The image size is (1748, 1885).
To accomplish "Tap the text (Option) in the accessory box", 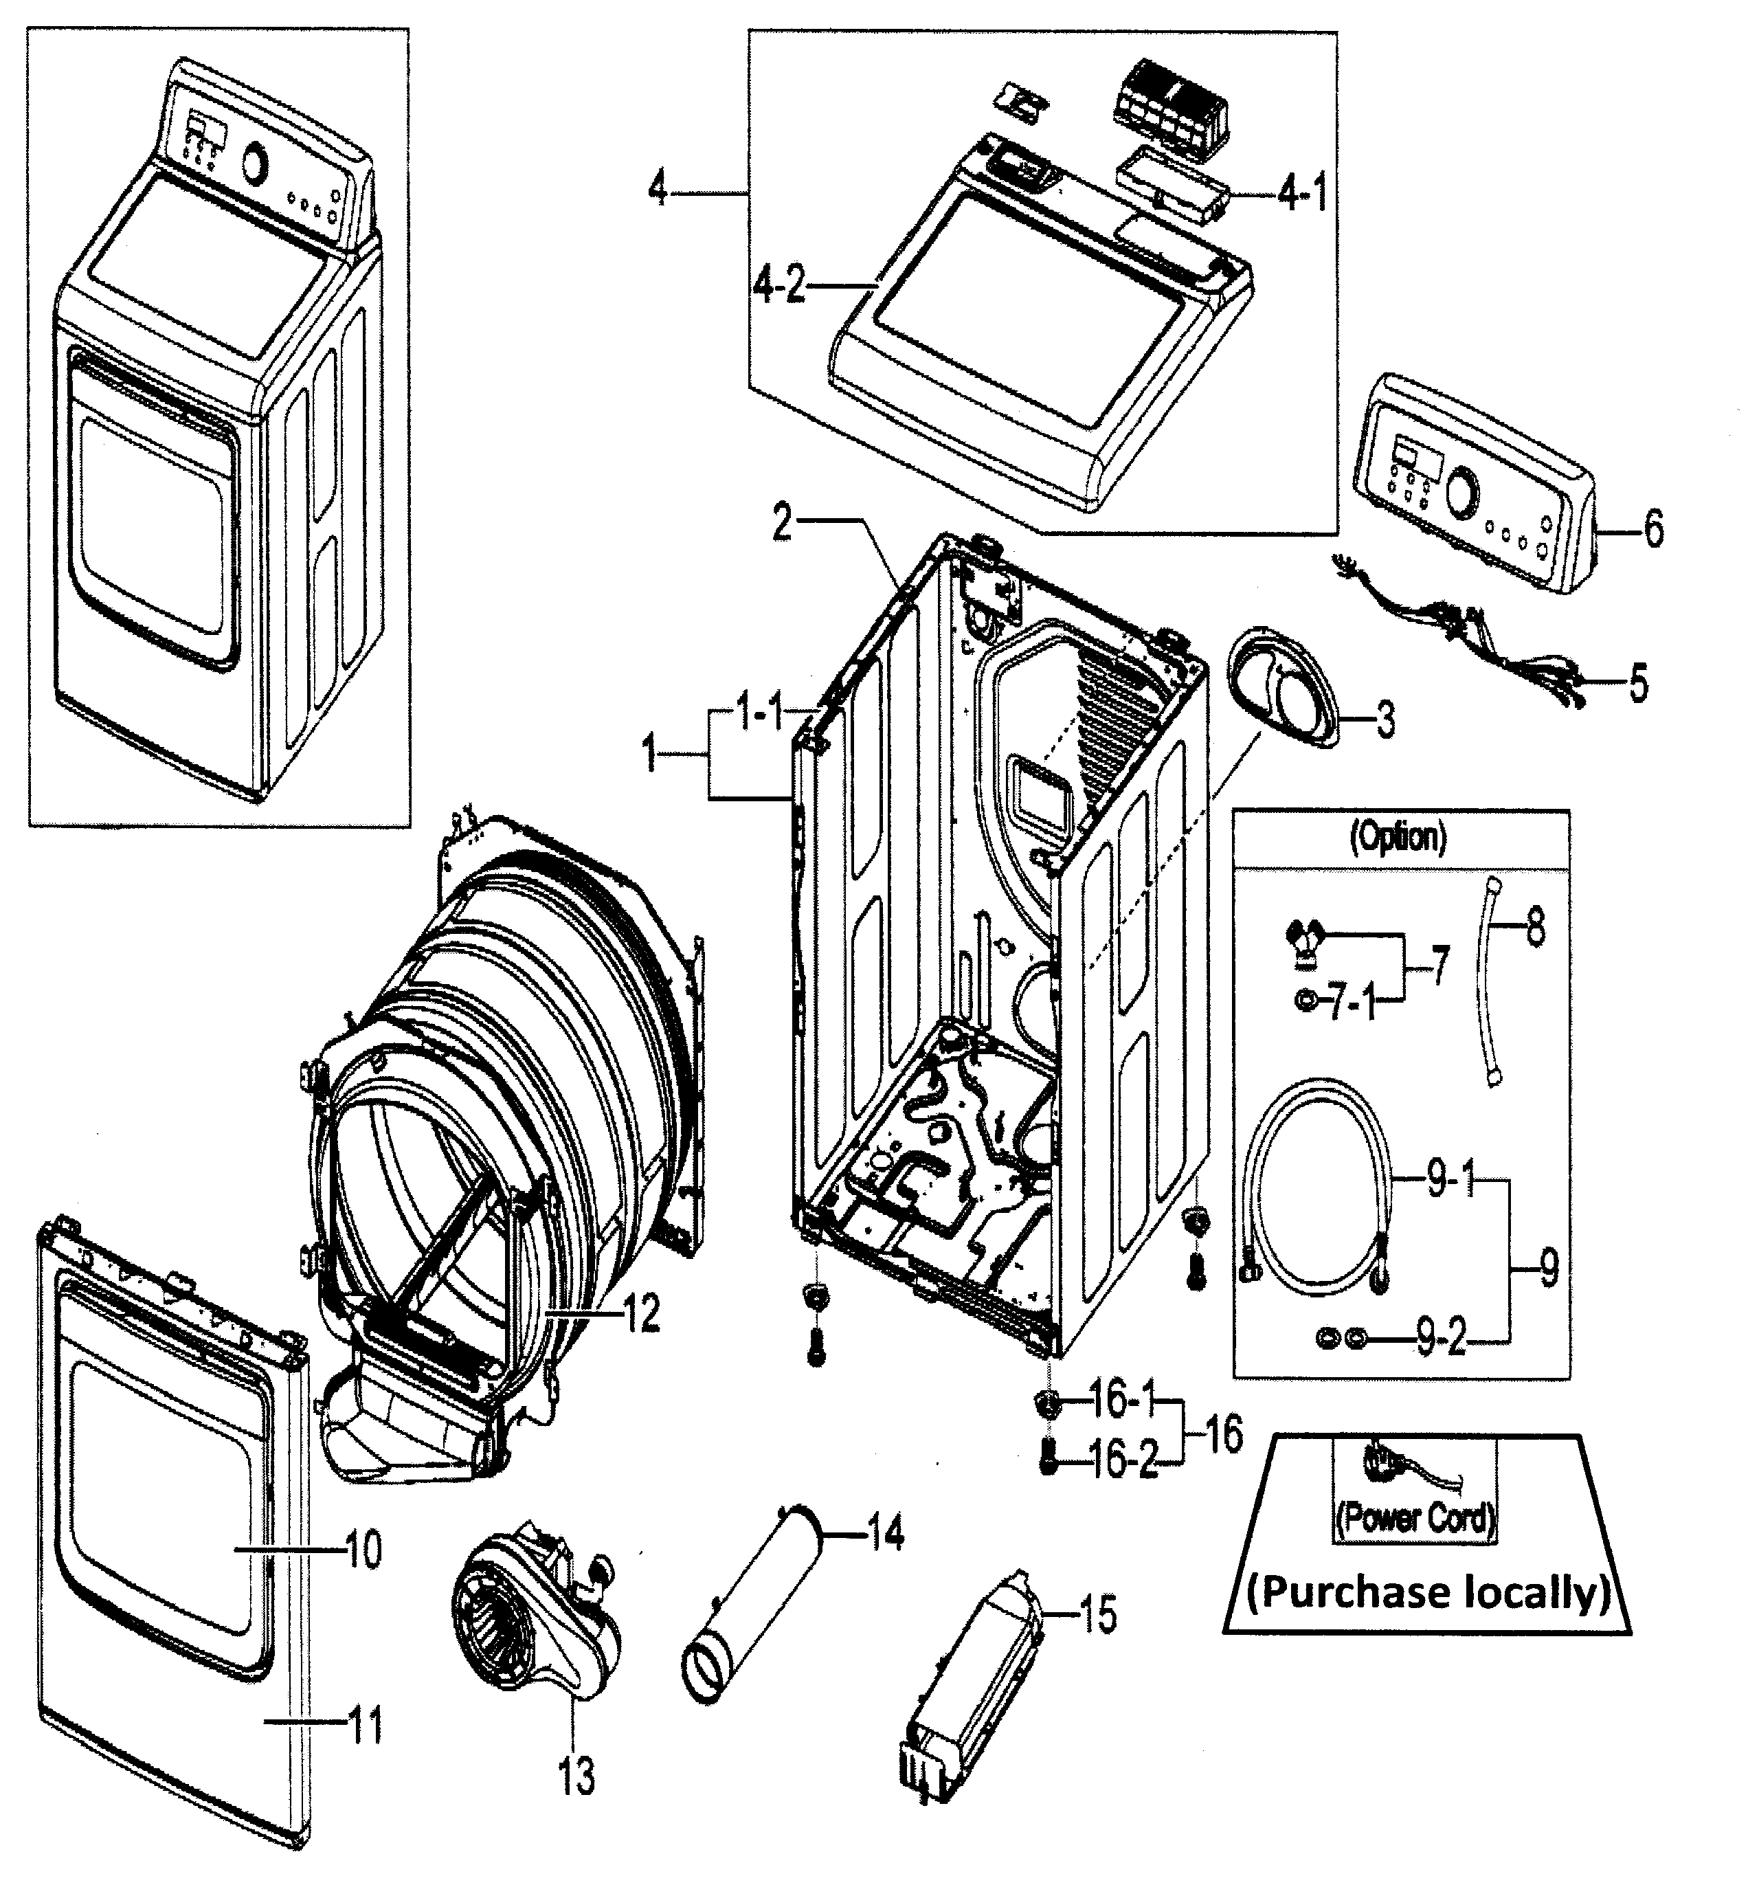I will (x=1398, y=836).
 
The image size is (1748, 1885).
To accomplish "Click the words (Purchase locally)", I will (x=1427, y=1592).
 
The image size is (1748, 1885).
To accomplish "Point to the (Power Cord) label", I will (x=1415, y=1517).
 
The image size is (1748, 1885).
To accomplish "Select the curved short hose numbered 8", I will (x=1490, y=983).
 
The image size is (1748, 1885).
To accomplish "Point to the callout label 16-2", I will (x=1123, y=1461).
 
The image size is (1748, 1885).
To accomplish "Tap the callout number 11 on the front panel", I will (x=366, y=1726).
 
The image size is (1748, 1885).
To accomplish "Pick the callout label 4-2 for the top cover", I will (x=779, y=284).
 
